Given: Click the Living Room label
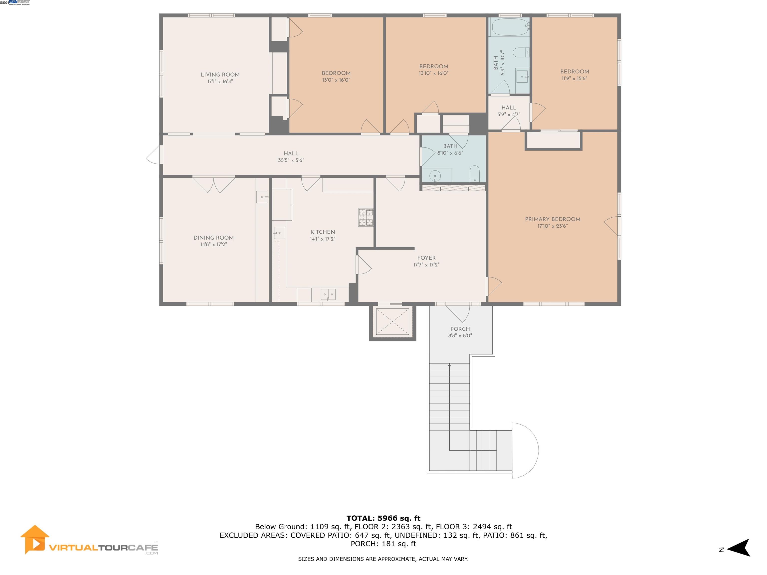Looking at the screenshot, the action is coord(220,75).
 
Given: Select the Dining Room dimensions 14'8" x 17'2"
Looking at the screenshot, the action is coord(213,244).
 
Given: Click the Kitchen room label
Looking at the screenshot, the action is coord(323,232).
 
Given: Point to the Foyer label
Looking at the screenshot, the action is coord(426,258).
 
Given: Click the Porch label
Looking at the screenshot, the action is coord(460,329).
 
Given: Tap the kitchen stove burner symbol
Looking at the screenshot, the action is coord(366,217).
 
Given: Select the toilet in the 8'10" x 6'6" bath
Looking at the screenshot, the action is coord(474,174).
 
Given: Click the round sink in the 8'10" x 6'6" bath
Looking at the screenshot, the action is coord(435,176).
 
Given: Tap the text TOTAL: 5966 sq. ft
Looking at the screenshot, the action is coord(383,518).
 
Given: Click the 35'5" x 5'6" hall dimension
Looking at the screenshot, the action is coord(291,160).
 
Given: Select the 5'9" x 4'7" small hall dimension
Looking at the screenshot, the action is coord(509,114).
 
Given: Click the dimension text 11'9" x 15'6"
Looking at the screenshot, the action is coord(575,78).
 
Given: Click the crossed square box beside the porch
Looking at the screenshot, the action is coord(392,322).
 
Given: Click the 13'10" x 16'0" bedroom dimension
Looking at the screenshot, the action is coord(433,73).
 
